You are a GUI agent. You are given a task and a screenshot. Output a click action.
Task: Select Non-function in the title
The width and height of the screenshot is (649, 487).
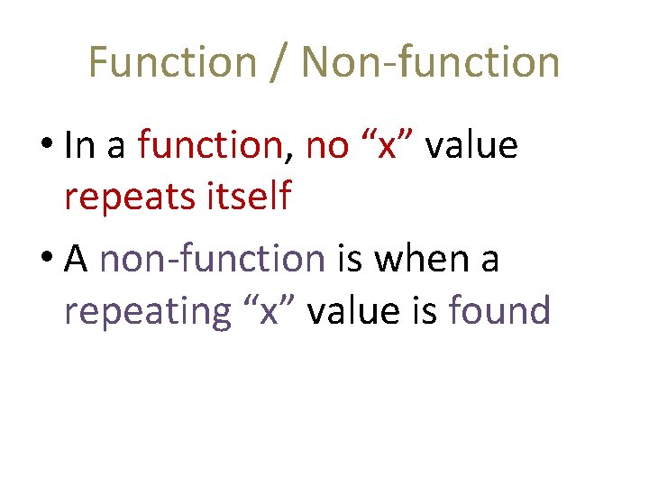[x=431, y=62]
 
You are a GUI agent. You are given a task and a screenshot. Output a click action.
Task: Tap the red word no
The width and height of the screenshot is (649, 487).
[x=327, y=146]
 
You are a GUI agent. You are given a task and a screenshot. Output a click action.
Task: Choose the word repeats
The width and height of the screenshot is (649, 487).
[x=125, y=198]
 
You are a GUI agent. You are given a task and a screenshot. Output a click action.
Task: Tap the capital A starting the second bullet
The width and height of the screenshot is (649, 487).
[x=77, y=260]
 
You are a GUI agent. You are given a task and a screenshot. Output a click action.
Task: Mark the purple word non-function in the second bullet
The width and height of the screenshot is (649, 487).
[x=213, y=260]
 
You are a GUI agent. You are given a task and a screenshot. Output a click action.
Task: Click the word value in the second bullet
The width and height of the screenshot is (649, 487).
[x=353, y=311]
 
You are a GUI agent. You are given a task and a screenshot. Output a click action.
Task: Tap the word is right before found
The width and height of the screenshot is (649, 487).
[x=423, y=311]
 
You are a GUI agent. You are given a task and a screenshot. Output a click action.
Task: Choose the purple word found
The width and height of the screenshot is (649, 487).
[x=499, y=311]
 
